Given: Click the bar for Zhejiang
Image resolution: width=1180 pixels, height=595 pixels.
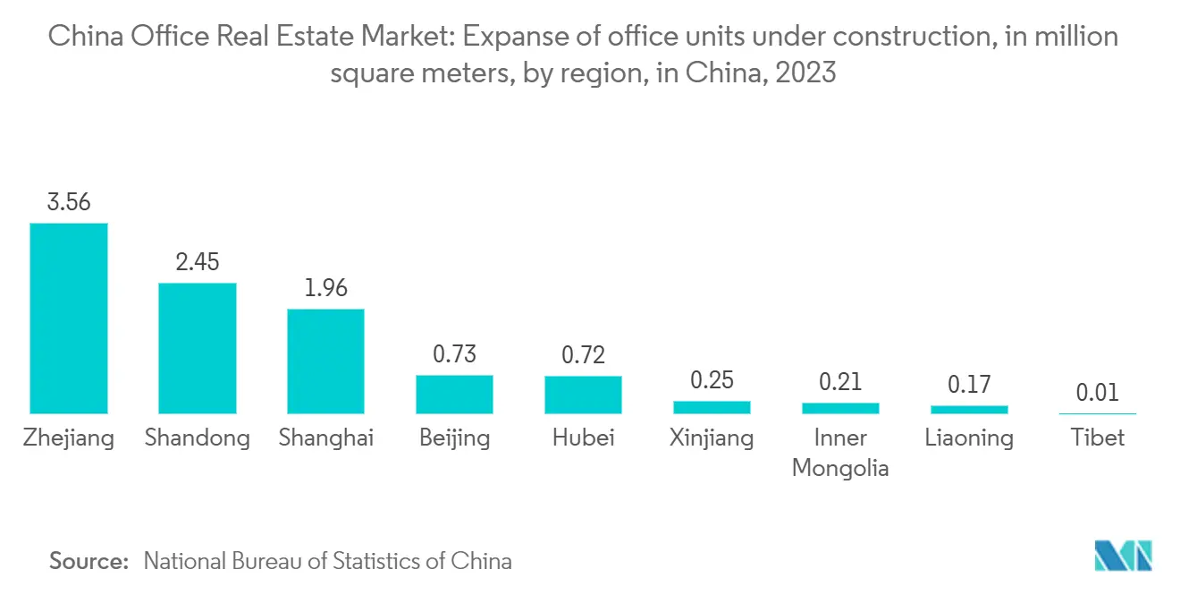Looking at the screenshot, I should point(69,318).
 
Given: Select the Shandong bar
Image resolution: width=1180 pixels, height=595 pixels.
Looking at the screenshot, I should point(198,348).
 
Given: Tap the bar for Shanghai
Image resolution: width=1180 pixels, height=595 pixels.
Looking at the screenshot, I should point(325,361).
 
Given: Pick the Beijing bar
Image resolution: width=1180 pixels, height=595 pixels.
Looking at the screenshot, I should point(454,394).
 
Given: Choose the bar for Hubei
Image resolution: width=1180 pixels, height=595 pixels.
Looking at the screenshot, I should point(583,394).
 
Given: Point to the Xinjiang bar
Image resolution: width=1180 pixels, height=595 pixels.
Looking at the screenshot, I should point(712,407).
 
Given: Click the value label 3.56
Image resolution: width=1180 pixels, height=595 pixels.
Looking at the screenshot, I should point(69,202).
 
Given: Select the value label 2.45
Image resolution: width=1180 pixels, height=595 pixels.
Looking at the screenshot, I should point(198,262).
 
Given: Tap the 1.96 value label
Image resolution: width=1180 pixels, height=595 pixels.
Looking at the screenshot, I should point(325,288).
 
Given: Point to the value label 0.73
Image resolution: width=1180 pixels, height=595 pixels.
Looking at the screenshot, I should point(454,354).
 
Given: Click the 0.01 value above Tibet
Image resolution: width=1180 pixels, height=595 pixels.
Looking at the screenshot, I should point(1097,393).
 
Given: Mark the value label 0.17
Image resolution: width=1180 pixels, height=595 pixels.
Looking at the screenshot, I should point(969,385).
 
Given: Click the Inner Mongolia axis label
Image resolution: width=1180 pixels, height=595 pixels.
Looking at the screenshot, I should point(840,453).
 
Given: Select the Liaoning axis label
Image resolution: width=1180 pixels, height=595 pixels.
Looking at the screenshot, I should point(969,438).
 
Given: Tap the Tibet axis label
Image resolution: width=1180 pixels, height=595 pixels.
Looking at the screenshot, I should point(1097,438).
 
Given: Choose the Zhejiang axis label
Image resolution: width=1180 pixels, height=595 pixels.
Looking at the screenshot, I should point(69,438).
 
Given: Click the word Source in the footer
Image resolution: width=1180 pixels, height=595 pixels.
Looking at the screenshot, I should point(89,561).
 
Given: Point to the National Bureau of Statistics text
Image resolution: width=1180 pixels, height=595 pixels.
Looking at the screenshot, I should point(327,561).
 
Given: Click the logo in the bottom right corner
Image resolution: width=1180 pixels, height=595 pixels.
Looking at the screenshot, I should point(1124,556).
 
